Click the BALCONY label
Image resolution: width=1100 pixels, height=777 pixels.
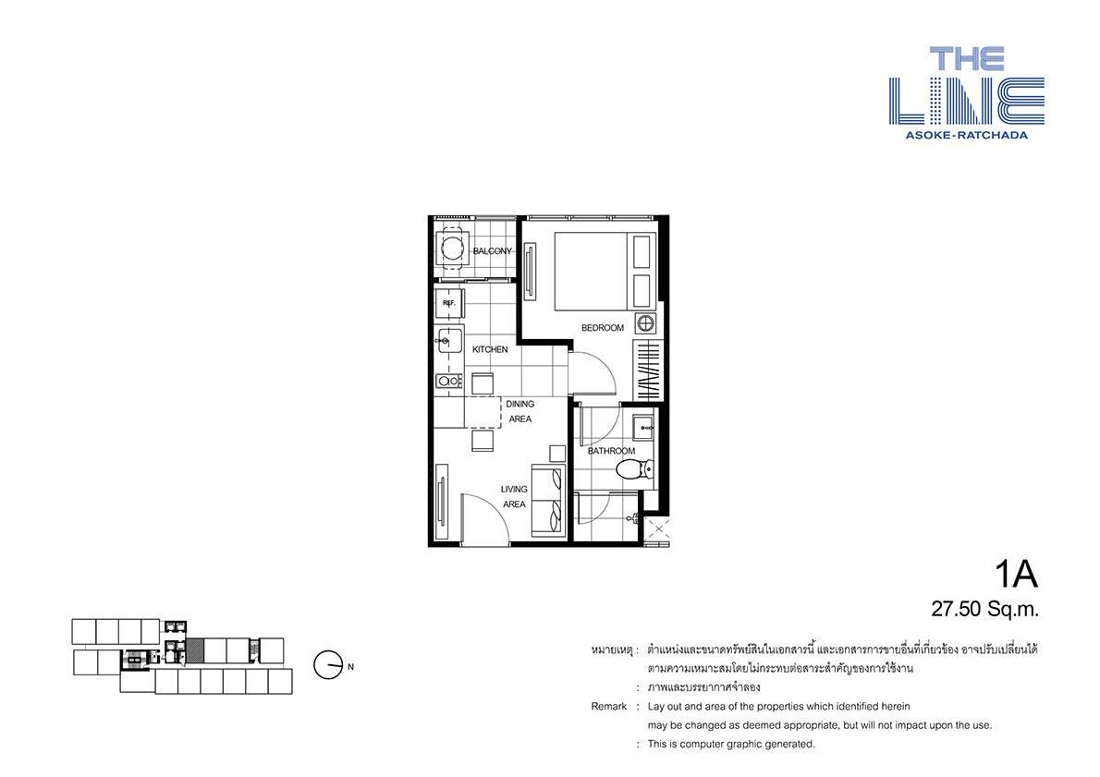(493, 251)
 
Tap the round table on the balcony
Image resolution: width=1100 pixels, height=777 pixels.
(450, 248)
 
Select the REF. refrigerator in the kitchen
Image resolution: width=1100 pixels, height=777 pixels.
(449, 304)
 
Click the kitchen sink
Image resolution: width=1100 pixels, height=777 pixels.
(449, 342)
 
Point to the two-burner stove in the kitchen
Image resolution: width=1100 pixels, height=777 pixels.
(449, 381)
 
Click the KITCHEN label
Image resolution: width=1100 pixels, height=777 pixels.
(490, 349)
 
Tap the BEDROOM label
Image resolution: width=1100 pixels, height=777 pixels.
(602, 327)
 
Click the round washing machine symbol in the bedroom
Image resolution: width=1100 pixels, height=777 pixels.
(646, 324)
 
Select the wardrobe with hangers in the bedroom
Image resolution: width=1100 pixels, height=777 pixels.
(646, 371)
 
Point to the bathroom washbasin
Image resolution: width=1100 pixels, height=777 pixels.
(644, 426)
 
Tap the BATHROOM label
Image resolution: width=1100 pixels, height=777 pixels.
(611, 451)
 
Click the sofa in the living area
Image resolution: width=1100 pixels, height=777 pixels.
(548, 501)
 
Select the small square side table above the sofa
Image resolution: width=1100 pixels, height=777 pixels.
(557, 453)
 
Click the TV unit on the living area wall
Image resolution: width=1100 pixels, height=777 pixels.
(441, 500)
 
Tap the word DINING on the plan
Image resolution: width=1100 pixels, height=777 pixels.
(519, 404)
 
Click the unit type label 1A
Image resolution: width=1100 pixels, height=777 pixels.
(1016, 575)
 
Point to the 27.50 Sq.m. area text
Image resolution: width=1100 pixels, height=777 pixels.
(985, 609)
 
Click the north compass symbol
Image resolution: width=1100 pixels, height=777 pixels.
(327, 665)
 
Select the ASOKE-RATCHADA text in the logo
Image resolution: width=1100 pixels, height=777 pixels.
(967, 135)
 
